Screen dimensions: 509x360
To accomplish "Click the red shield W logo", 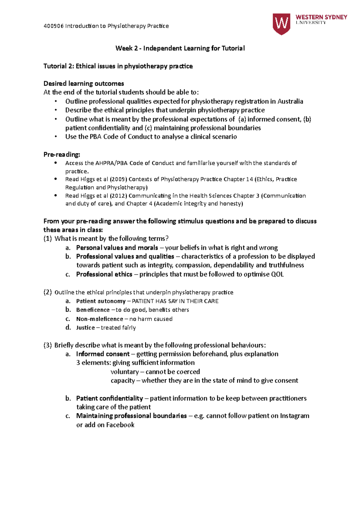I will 281,24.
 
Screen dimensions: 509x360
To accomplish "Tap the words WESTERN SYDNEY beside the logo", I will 321,17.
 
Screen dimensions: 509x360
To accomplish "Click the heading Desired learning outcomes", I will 84,83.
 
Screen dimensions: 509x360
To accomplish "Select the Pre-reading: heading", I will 62,154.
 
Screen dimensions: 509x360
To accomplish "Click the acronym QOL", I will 277,274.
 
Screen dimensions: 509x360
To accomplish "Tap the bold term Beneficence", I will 93,310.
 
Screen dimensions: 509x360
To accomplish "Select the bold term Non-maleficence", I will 100,319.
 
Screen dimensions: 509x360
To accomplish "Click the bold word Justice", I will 85,328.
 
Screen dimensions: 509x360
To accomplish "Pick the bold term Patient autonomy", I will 101,301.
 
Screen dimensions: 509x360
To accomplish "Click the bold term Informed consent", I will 103,354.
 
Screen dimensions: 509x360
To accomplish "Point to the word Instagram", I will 295,416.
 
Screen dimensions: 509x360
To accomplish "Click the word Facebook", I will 120,425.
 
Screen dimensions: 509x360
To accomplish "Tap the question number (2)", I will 48,292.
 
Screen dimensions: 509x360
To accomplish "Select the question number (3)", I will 48,345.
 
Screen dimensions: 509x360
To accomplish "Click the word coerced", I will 188,372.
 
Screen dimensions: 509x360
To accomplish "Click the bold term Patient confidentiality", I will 109,398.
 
